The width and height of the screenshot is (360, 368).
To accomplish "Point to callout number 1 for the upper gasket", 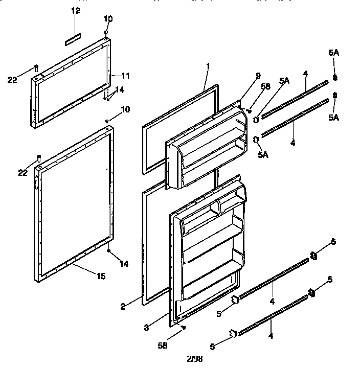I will pos(208,65).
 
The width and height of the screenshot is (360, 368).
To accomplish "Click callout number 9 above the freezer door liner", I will pos(258,76).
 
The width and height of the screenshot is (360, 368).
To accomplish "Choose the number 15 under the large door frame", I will pos(101,277).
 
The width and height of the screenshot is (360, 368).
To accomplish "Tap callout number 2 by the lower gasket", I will pos(123,307).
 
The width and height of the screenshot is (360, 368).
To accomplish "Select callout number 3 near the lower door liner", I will pos(146,327).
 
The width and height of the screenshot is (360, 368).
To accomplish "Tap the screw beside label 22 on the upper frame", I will pos(36,67).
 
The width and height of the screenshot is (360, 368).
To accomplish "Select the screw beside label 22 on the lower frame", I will pos(38,157).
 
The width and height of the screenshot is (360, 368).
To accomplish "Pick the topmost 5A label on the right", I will pos(334,53).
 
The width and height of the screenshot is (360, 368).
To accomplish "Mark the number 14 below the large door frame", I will pos(124,264).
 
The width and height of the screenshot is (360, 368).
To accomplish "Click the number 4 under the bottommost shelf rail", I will pos(271,336).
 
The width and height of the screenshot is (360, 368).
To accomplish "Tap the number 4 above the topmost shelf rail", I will pos(305,74).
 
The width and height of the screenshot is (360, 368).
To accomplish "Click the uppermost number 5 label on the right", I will pos(333,242).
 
